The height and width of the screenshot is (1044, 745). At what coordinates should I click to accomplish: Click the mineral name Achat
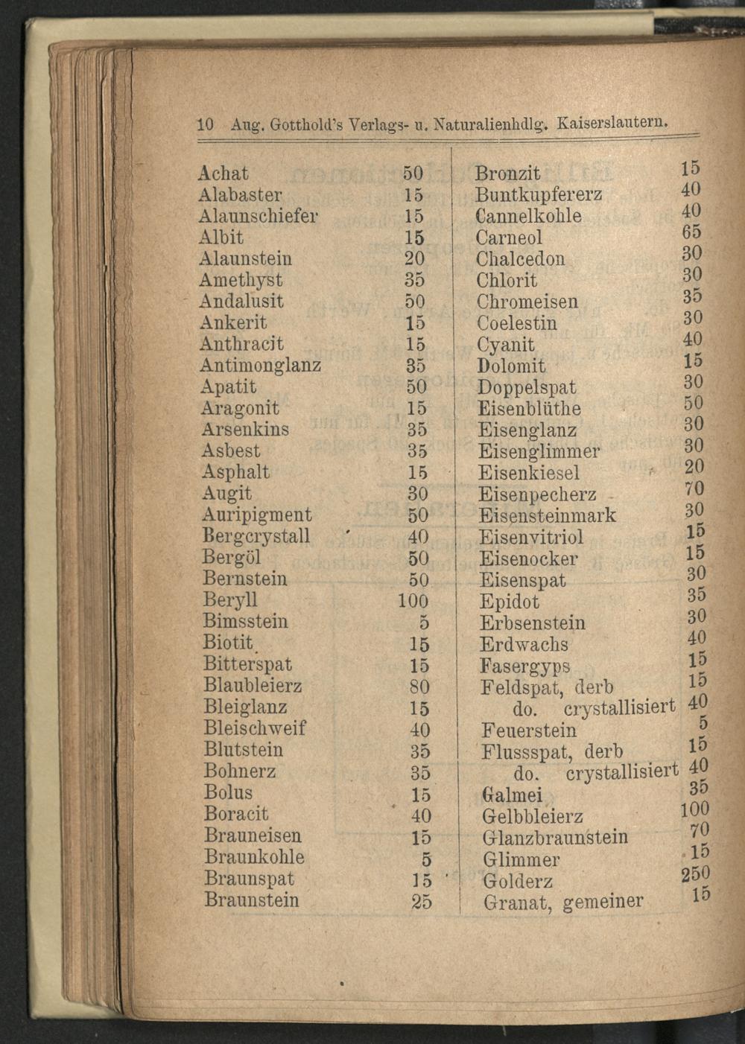point(223,174)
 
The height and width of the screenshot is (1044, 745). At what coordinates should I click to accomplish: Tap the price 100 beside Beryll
point(413,601)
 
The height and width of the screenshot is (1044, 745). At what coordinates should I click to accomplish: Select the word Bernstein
point(244,579)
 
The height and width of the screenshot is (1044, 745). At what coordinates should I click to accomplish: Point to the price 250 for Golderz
point(696,873)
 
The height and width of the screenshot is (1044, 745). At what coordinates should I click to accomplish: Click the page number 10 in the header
point(206,122)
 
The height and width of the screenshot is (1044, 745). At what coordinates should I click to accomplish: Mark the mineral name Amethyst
point(241,281)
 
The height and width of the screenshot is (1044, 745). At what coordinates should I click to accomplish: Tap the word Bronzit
point(508,174)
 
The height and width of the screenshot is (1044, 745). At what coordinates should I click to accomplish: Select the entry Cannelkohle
point(529,217)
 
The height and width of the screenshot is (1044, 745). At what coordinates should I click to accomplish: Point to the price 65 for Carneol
point(692,232)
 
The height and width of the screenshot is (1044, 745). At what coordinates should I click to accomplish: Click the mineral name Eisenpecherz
point(537,494)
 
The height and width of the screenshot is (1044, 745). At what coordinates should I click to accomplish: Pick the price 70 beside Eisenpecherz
point(694,489)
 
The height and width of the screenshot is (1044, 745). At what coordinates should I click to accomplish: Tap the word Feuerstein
point(529,730)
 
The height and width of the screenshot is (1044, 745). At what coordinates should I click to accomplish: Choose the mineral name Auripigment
point(257,515)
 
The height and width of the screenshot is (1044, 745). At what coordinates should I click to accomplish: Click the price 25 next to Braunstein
point(421,902)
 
